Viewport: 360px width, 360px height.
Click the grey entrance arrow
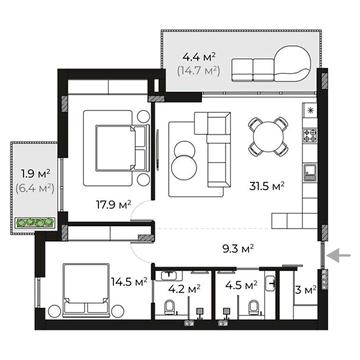(x=338, y=256)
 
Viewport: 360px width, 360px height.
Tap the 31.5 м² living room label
(x=267, y=186)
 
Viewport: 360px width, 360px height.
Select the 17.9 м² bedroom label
(x=113, y=205)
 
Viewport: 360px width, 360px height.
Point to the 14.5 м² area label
(x=129, y=282)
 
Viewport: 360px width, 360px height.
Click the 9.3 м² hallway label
(x=238, y=248)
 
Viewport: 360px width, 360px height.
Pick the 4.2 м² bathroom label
(x=184, y=289)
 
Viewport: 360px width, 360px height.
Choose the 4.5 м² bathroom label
(x=241, y=285)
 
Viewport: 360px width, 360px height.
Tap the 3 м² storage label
(x=306, y=290)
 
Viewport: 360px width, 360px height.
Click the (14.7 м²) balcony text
(x=199, y=70)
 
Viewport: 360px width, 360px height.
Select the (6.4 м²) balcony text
(x=35, y=188)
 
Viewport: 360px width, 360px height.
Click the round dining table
(x=268, y=136)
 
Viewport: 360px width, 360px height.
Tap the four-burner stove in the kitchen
(x=310, y=135)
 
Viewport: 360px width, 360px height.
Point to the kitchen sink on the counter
(x=310, y=172)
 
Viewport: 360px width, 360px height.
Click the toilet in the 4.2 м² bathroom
(x=170, y=307)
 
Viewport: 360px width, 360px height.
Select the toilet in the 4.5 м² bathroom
(x=254, y=307)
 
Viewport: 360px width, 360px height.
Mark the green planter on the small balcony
(x=35, y=223)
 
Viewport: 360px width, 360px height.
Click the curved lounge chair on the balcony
(x=293, y=63)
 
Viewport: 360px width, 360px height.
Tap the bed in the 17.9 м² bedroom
(x=122, y=148)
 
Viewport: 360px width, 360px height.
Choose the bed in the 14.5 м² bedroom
(x=86, y=290)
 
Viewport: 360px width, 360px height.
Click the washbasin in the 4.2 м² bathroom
(x=171, y=275)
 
